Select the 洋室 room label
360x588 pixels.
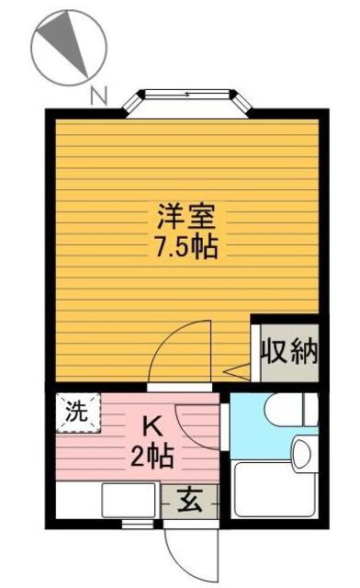click(x=186, y=220)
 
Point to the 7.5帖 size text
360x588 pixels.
click(x=186, y=246)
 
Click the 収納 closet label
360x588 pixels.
click(x=287, y=351)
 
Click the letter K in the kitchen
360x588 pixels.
click(x=153, y=425)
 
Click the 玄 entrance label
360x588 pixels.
click(x=189, y=502)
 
